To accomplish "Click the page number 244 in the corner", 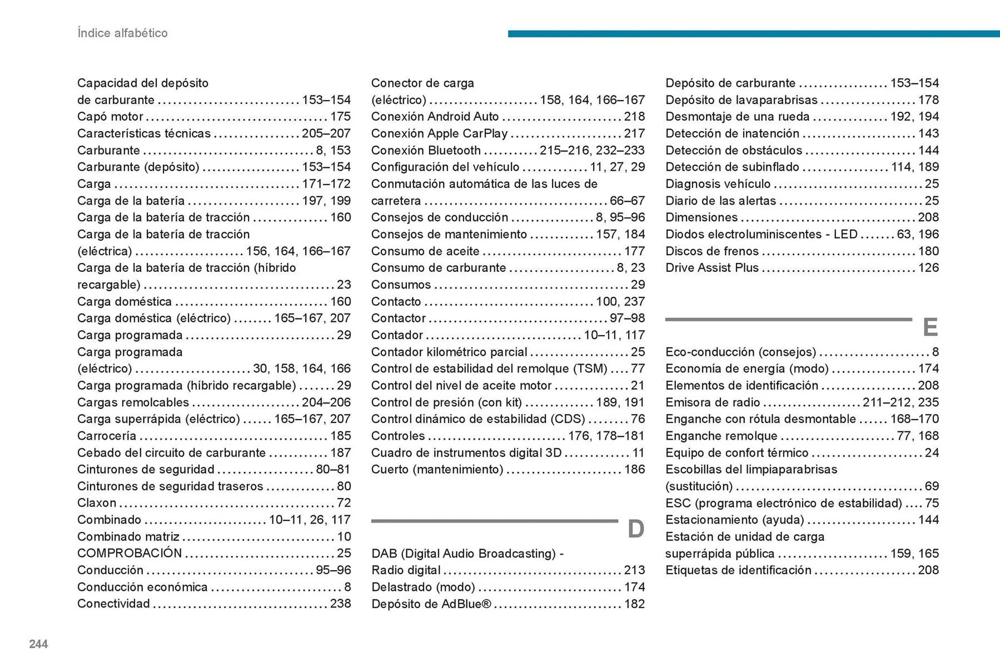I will point(39,644).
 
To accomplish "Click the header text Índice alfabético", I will point(122,33).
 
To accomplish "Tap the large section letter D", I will point(635,530).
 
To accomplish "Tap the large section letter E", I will point(930,328).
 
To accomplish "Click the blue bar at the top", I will point(753,34).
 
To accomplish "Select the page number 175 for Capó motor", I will point(340,117).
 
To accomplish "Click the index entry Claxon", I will point(97,503).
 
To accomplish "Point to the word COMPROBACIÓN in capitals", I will point(130,553).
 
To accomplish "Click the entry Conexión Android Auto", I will point(435,117).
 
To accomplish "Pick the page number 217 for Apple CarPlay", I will point(634,133).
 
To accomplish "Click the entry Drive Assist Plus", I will point(712,268).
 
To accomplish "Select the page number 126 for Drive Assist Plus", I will point(928,268).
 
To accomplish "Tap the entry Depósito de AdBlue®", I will point(431,604).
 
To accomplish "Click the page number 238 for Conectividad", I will point(340,603).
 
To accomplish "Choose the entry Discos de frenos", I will point(712,251).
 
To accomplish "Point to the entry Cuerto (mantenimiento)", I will point(437,469).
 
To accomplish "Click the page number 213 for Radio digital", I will point(634,570).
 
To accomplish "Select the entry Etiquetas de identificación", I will point(738,570).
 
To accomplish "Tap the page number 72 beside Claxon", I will point(344,503).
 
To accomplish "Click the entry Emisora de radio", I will point(712,402).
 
